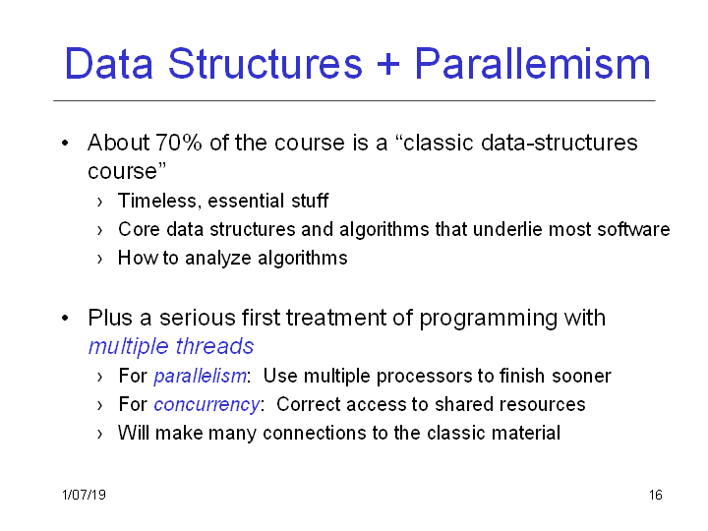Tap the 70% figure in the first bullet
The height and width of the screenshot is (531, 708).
(x=178, y=143)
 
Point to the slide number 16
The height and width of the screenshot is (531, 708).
(x=656, y=495)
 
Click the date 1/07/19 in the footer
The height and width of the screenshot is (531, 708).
(x=84, y=495)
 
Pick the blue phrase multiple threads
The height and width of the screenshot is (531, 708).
(x=171, y=347)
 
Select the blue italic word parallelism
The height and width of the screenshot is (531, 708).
(x=200, y=376)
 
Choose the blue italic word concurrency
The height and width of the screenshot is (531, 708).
(x=206, y=404)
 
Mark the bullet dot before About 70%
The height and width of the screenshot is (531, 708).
(x=65, y=144)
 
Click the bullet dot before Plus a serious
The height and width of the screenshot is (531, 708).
(x=65, y=319)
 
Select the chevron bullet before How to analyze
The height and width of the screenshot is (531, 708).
(x=99, y=260)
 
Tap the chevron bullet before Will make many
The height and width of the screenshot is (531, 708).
(x=99, y=434)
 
